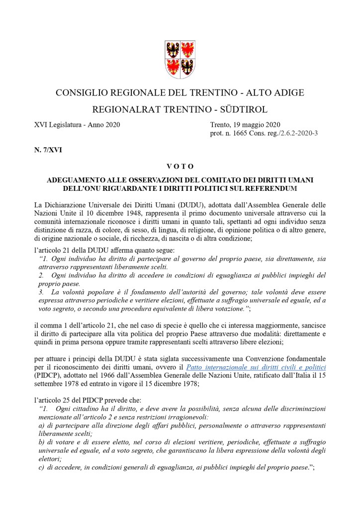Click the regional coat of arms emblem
(x=180, y=57)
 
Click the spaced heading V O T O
(x=180, y=166)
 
